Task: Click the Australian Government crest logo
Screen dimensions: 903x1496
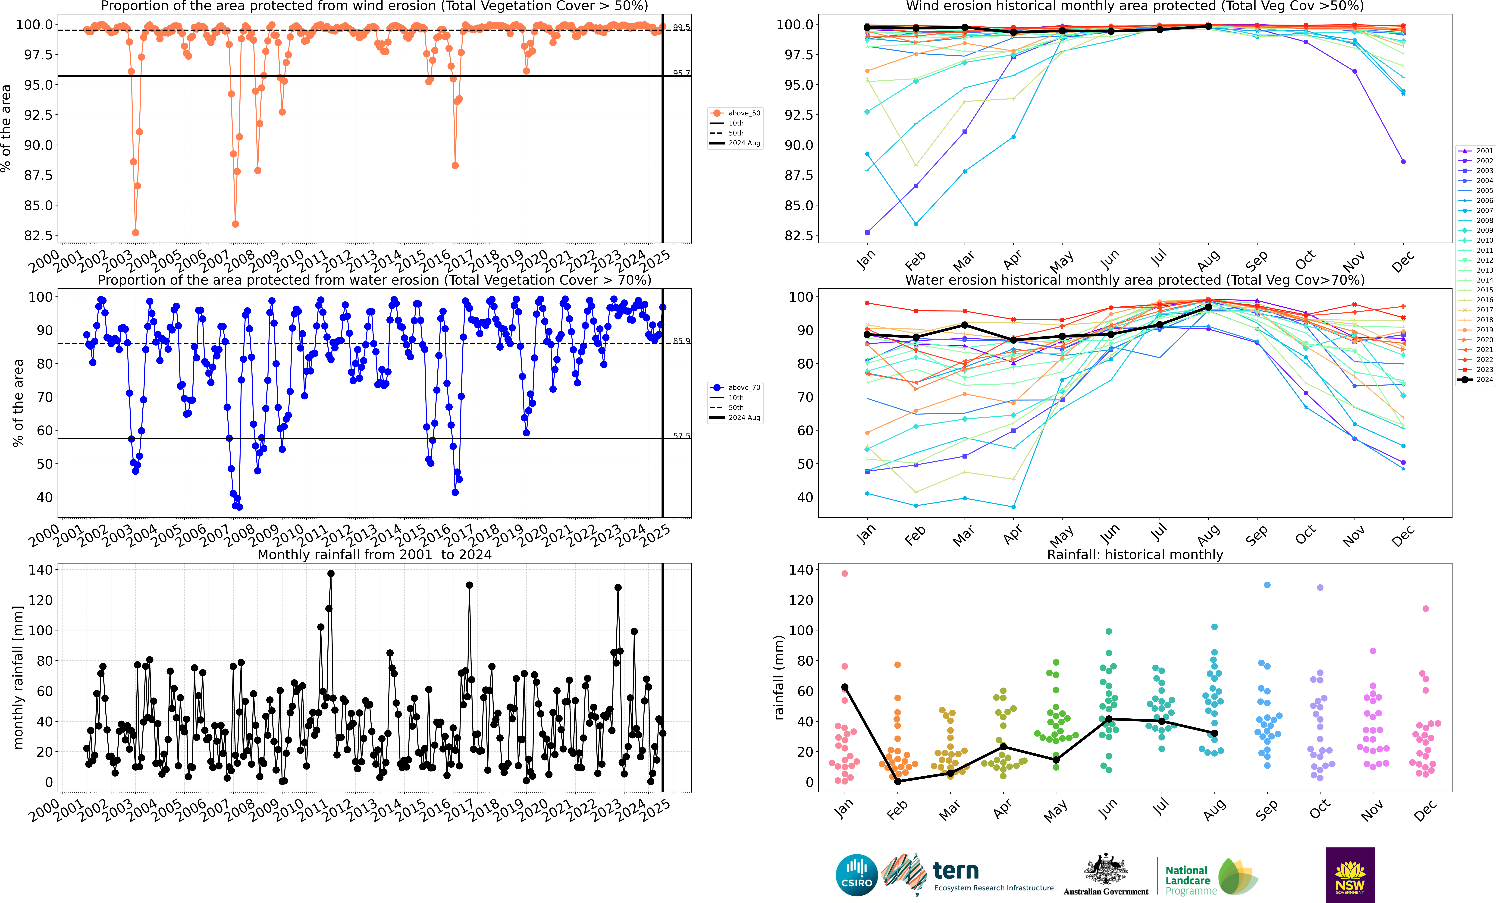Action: [1106, 875]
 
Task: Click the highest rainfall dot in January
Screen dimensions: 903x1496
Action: [844, 573]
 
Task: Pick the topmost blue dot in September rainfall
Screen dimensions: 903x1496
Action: [1267, 585]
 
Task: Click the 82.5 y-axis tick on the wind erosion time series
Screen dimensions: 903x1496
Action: [38, 236]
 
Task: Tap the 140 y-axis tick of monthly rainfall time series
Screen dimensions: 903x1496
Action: [41, 570]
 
